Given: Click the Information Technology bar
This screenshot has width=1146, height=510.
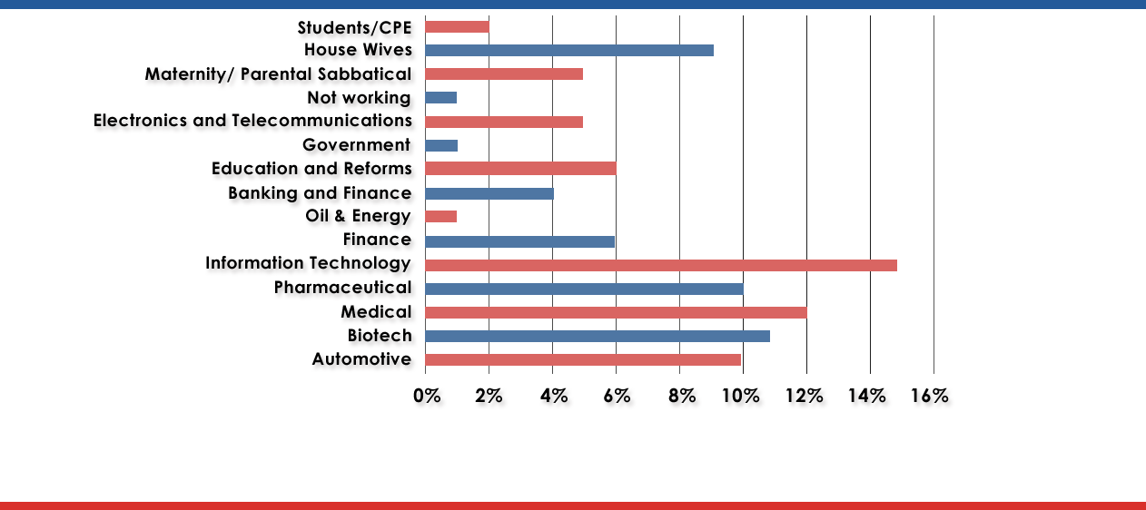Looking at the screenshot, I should coord(660,265).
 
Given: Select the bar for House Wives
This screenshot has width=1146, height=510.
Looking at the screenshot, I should coord(568,50).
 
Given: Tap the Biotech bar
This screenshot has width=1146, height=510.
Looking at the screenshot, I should coord(597,336).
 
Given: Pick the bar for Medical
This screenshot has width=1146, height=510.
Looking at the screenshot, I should coord(616,312).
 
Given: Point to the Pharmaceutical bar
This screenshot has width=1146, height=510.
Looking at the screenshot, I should coord(584,289).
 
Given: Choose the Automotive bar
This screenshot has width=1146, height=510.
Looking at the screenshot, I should coord(582,359).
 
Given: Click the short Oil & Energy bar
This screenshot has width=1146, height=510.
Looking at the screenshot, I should coord(440,216).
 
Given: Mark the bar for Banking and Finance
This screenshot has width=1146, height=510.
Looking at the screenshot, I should coord(489,193).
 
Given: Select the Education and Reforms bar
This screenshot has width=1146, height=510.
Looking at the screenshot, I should coord(520,169).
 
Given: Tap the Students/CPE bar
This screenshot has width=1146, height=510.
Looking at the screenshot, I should coord(457,26).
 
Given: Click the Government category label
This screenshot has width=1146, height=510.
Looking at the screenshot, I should coord(357,145).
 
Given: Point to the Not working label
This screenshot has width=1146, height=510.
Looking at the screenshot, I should coord(359,97).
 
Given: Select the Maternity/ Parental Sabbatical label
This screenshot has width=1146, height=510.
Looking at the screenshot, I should coord(279,74).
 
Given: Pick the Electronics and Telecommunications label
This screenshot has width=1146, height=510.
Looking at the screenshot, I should coord(253,121).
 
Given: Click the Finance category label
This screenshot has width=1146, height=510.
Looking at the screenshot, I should coord(377,240).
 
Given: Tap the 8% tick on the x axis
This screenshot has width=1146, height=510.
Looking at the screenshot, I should coord(682,396).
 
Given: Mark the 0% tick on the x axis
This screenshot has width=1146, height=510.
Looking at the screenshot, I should coord(426,396).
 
